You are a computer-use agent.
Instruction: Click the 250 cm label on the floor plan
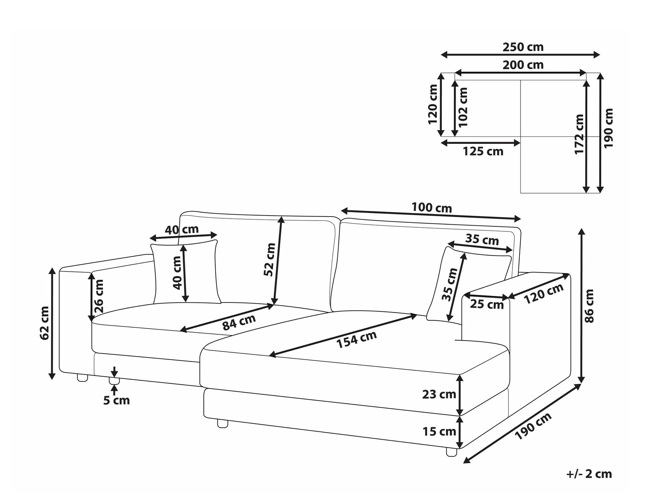pyautogui.click(x=523, y=47)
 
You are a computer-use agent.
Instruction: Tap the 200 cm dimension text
pyautogui.click(x=523, y=65)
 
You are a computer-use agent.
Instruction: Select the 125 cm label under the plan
pyautogui.click(x=483, y=152)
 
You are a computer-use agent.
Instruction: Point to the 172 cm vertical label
pyautogui.click(x=579, y=134)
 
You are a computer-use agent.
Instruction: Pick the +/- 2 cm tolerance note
pyautogui.click(x=589, y=474)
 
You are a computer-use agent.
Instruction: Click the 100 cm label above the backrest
pyautogui.click(x=432, y=208)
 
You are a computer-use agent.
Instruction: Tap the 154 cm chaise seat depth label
pyautogui.click(x=356, y=340)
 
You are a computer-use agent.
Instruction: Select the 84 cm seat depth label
pyautogui.click(x=239, y=322)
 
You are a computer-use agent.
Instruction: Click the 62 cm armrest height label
pyautogui.click(x=45, y=323)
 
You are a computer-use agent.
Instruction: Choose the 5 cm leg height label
pyautogui.click(x=116, y=400)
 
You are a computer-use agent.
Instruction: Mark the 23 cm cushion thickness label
pyautogui.click(x=439, y=394)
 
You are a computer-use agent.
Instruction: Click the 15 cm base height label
pyautogui.click(x=439, y=431)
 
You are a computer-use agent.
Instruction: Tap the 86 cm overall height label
pyautogui.click(x=589, y=306)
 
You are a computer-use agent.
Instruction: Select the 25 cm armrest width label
pyautogui.click(x=486, y=305)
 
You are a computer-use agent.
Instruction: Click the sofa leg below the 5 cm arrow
pyautogui.click(x=114, y=381)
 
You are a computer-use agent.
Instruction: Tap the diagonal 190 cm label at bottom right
pyautogui.click(x=533, y=426)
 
